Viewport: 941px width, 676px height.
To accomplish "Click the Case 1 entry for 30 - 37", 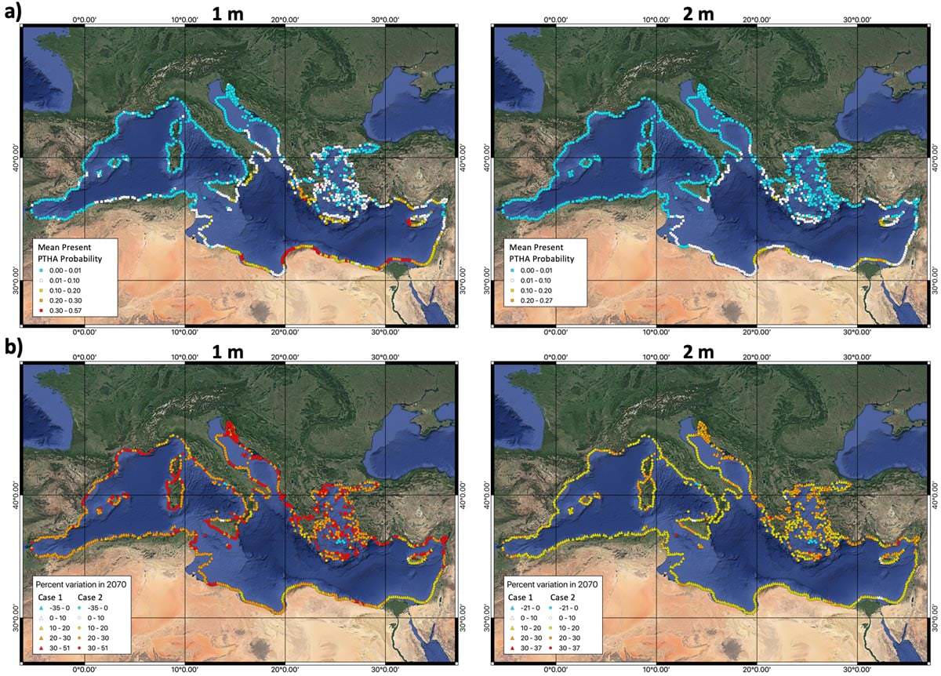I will pyautogui.click(x=524, y=650).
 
